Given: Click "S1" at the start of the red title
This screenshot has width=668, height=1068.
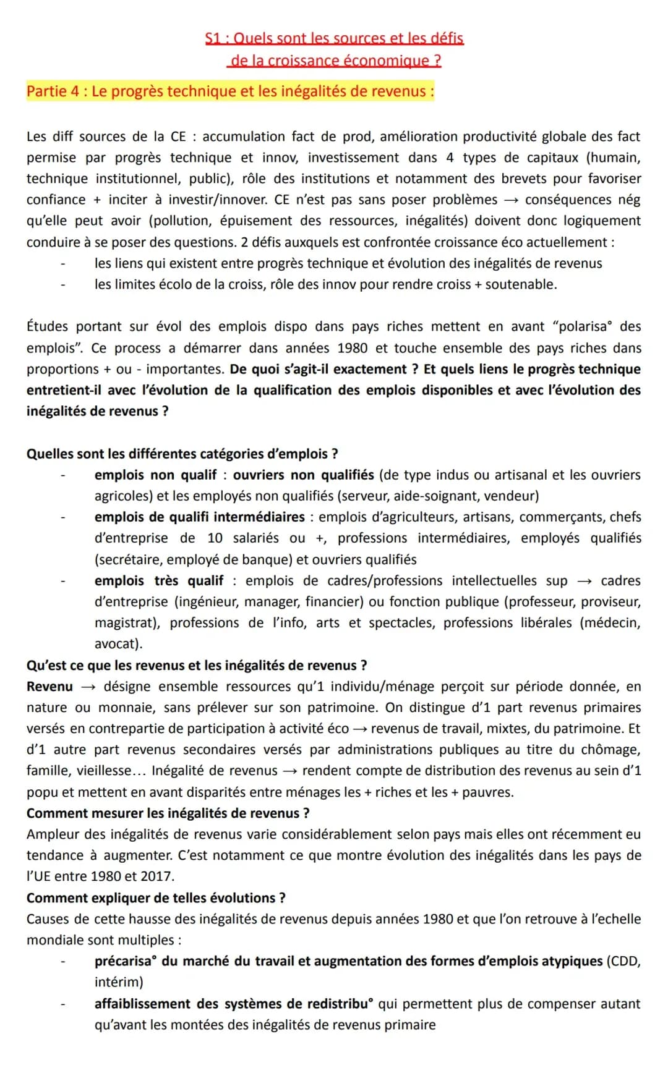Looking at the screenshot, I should click(213, 38).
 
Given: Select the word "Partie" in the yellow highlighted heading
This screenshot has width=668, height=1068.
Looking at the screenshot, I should click(46, 91).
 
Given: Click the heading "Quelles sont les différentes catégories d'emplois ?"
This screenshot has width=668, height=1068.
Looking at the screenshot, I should click(182, 454).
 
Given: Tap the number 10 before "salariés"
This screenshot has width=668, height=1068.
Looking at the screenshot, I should click(215, 538).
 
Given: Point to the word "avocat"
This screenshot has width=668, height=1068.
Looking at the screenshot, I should click(117, 643).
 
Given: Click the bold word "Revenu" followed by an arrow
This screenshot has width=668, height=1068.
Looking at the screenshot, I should click(49, 686).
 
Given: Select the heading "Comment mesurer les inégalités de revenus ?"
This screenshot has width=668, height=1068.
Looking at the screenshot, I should click(168, 813).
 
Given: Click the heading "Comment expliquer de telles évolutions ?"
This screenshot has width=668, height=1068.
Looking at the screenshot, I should click(156, 897).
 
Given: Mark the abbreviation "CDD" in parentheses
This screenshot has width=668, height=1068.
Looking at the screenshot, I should click(622, 961).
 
